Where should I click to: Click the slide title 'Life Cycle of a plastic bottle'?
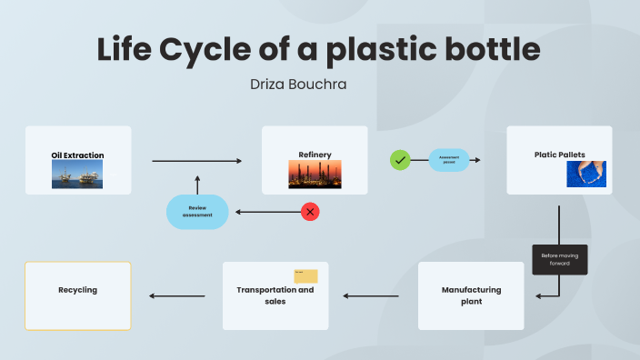coord(319,49)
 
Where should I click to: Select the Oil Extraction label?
coord(77,155)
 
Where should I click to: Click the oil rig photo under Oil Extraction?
coord(77,175)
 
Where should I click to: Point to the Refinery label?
coord(315,155)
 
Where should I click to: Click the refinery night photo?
coord(315,174)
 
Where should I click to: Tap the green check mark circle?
coord(400,160)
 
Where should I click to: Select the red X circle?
coord(310,212)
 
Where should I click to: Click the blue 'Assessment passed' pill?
coord(449,160)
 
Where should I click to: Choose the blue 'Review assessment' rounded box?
coord(197,212)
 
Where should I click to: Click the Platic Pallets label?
coord(559,155)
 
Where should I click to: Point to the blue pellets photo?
coord(585,174)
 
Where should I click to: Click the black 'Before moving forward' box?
coord(560,260)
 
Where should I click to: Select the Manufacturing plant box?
coord(471,295)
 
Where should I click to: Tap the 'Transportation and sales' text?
coord(275,295)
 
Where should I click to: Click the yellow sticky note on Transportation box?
coord(305,276)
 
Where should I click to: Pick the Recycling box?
coord(78,295)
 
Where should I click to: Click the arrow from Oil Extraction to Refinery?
coord(197,161)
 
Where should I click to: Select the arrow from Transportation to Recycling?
coord(177,295)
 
